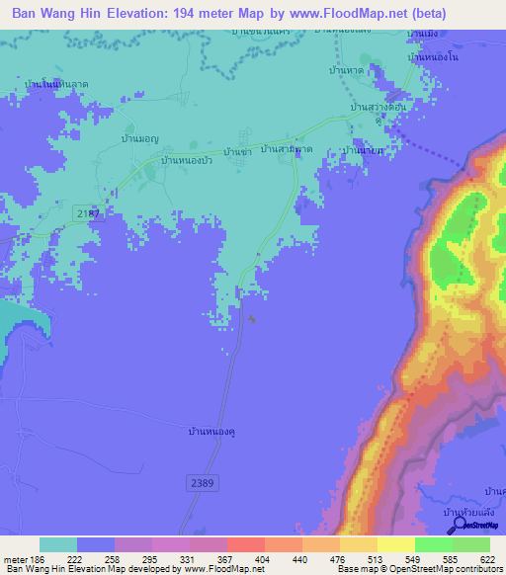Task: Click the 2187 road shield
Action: (x=88, y=213)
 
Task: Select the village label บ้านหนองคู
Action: (x=213, y=432)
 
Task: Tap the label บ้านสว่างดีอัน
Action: (x=379, y=107)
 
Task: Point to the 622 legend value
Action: (x=489, y=560)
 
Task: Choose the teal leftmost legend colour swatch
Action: (x=58, y=544)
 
